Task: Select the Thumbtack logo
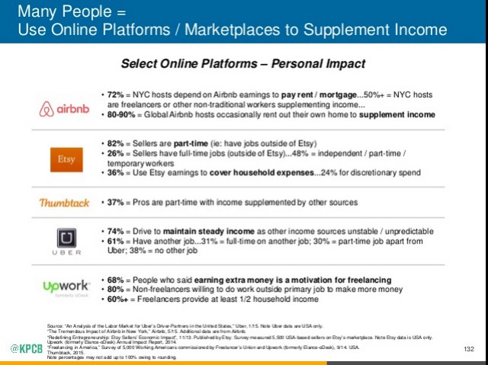64,203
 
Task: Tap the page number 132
469,349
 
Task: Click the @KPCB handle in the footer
27,349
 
